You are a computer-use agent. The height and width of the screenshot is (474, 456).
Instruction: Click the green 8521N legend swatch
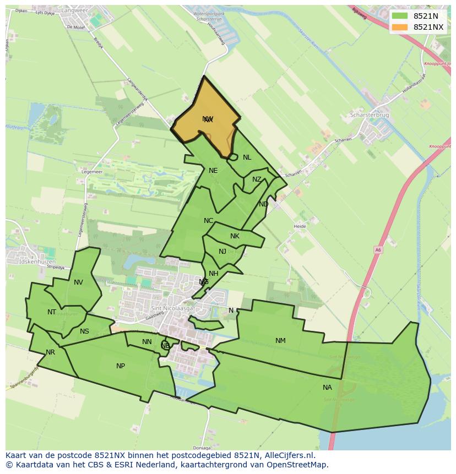400,16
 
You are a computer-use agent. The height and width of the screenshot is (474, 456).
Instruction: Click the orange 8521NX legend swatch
400,27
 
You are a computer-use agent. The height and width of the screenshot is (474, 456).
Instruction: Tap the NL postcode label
247,157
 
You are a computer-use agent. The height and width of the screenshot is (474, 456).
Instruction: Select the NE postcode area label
213,171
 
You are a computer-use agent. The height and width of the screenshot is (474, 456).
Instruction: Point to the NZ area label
257,180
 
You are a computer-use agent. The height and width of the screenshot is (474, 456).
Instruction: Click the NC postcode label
208,221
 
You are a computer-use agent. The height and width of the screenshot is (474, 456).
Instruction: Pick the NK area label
235,236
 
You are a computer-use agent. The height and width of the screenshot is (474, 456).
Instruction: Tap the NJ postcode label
222,252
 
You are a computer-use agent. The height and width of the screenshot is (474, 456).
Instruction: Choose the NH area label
214,274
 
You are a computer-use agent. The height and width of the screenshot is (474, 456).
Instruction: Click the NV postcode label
78,282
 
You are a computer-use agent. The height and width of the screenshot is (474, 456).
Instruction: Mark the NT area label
52,312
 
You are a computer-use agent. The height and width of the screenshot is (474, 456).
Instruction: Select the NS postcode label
84,331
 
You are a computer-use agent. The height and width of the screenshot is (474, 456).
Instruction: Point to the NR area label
50,352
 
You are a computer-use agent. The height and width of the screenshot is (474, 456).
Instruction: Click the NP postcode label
121,366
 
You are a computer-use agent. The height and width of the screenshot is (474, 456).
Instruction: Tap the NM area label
280,341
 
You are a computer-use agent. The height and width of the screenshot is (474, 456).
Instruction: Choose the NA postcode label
327,388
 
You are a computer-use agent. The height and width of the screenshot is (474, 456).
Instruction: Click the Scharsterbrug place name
370,116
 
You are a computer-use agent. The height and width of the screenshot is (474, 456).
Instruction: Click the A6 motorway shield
378,249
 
